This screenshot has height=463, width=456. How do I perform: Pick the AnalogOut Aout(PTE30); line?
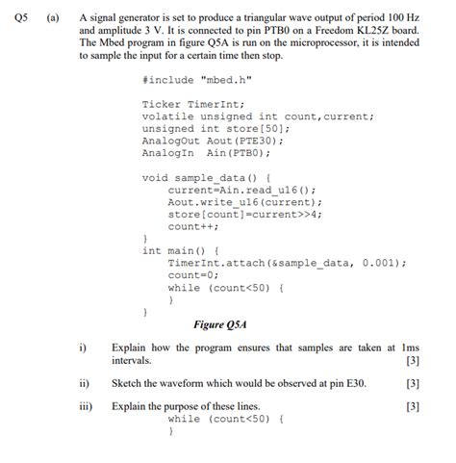(x=204, y=141)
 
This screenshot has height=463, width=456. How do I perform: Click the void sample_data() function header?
(x=207, y=177)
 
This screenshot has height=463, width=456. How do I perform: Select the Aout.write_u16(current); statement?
(x=244, y=202)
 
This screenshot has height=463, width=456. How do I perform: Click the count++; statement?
(x=192, y=226)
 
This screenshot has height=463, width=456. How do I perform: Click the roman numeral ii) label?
(x=85, y=383)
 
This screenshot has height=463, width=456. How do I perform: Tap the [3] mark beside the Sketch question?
(x=413, y=383)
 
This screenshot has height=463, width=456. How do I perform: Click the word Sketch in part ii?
(x=128, y=383)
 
